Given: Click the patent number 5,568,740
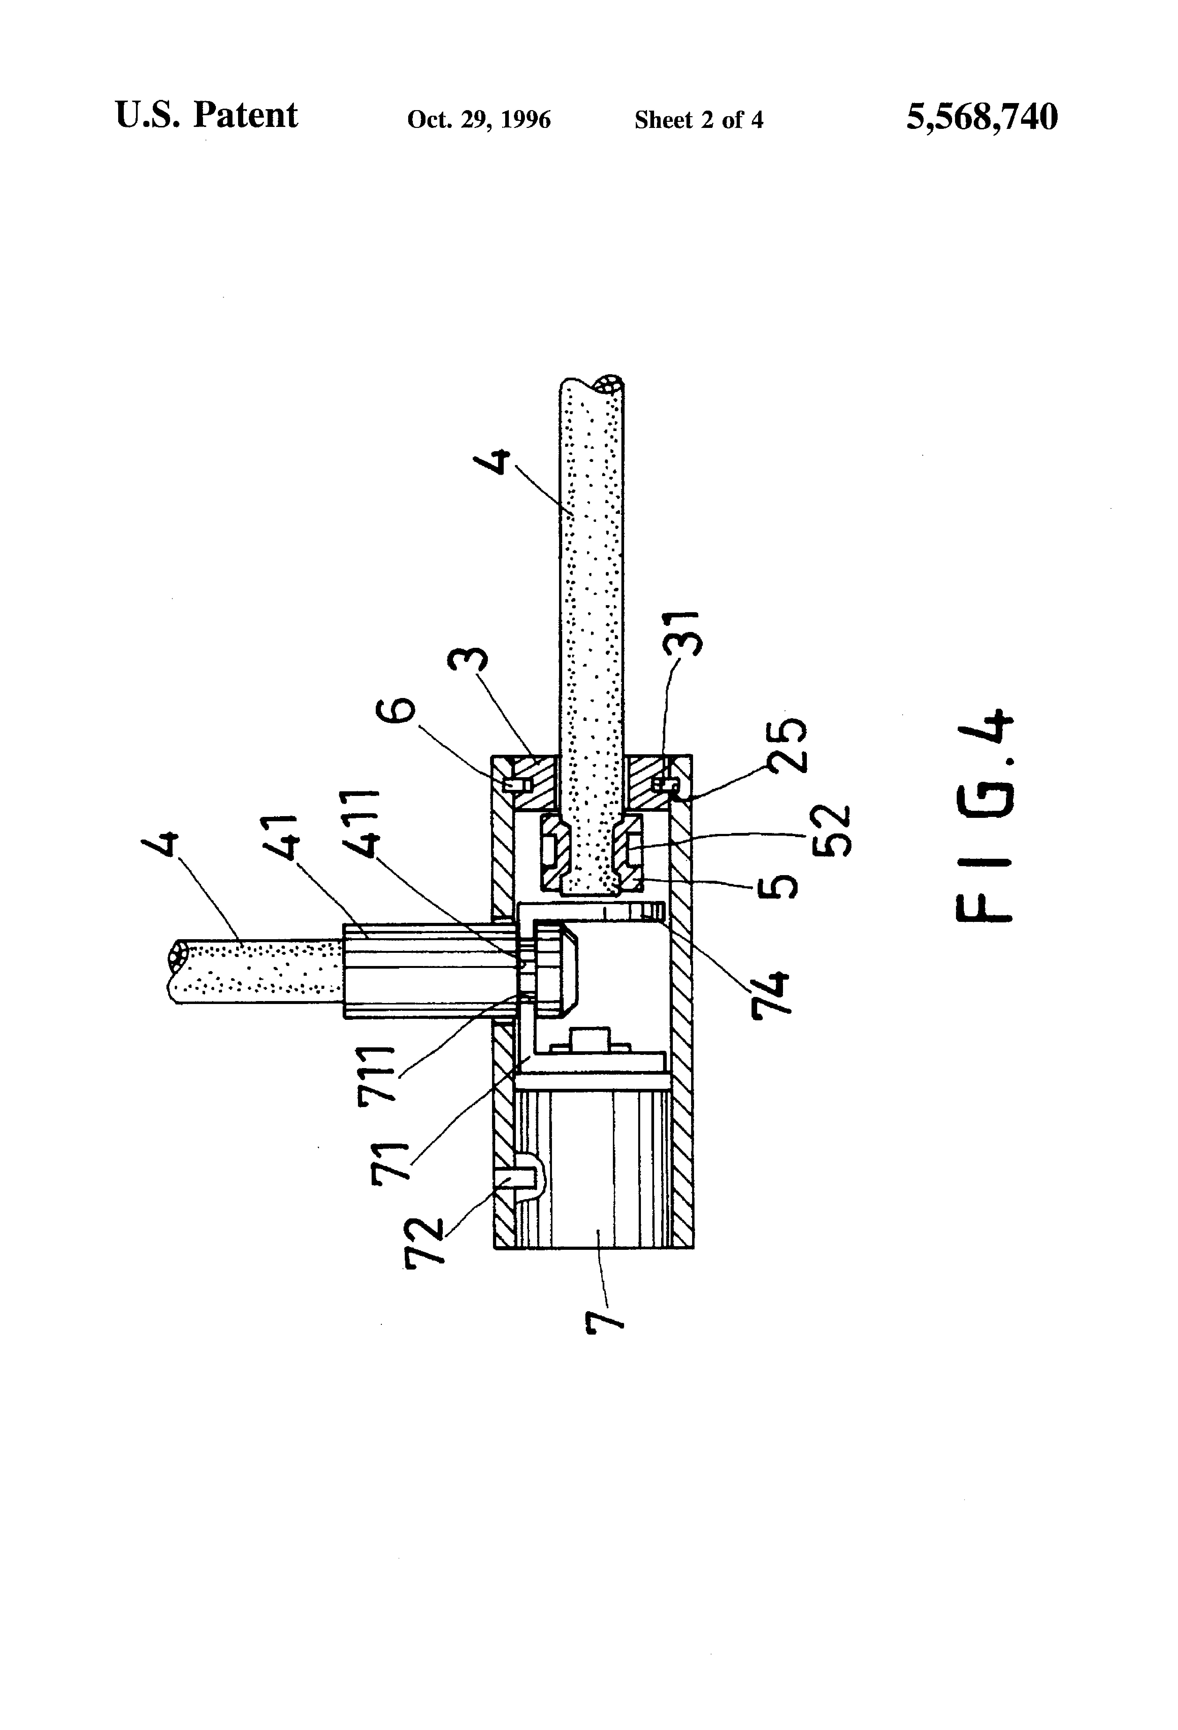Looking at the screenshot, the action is pyautogui.click(x=981, y=118).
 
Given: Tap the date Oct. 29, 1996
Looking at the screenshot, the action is pyautogui.click(x=479, y=120).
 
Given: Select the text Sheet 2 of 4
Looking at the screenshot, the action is pyautogui.click(x=698, y=120).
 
